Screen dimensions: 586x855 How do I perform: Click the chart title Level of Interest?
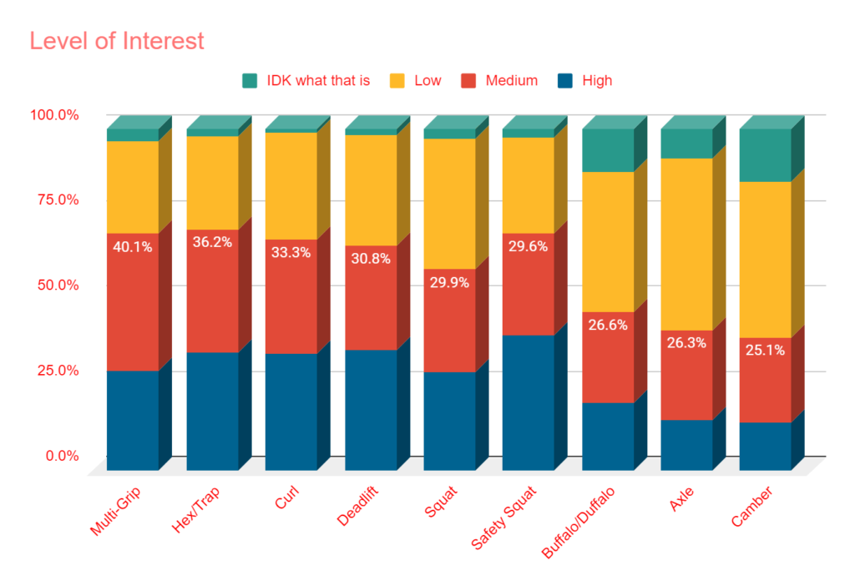tap(117, 40)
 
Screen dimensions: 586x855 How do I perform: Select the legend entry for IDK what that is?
tap(306, 81)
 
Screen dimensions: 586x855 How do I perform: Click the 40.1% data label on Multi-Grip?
tap(133, 247)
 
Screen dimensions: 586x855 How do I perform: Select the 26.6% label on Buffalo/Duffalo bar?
tap(607, 325)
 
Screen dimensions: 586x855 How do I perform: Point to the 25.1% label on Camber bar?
tap(765, 351)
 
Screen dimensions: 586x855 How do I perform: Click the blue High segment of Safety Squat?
tap(528, 401)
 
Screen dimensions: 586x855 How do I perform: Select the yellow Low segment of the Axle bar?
tap(686, 242)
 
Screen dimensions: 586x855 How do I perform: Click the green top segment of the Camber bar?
tap(765, 155)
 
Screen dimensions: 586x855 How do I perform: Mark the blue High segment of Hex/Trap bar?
tap(212, 409)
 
